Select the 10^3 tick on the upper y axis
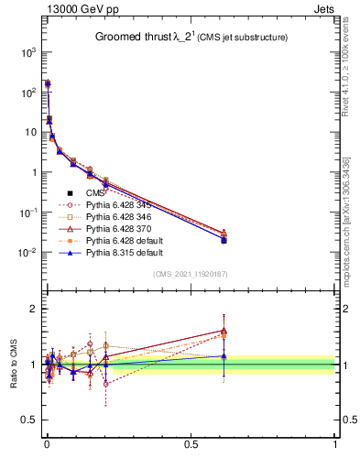[29, 52]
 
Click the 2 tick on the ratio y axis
[34, 309]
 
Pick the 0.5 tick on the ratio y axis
[30, 420]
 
